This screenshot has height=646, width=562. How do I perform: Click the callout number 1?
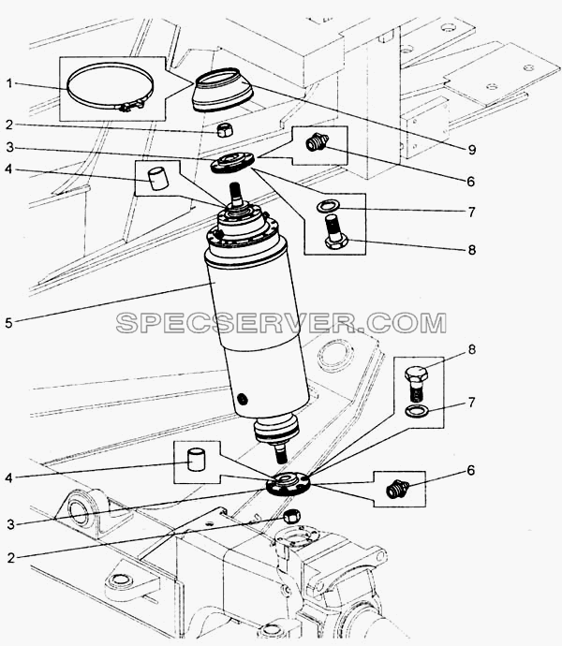(10, 83)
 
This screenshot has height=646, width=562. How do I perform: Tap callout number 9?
(472, 150)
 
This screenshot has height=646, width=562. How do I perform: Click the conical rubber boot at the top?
(223, 89)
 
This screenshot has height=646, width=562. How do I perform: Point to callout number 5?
(9, 323)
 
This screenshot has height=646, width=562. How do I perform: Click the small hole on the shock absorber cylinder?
(244, 399)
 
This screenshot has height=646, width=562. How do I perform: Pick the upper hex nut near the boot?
(225, 130)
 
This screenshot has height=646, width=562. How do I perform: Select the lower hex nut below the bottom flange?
(292, 516)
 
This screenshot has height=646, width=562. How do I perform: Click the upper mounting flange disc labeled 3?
(232, 162)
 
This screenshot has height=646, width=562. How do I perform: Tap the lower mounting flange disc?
(288, 485)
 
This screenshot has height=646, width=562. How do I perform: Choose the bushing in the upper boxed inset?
(157, 179)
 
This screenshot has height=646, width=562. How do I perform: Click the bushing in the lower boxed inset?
(197, 460)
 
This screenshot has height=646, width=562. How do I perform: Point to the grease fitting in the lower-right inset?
(398, 489)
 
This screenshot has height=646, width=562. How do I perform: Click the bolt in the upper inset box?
(335, 231)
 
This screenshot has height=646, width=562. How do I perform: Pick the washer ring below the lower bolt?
(417, 410)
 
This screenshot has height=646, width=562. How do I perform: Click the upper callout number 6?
(471, 182)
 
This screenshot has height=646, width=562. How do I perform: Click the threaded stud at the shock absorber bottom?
(282, 453)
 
